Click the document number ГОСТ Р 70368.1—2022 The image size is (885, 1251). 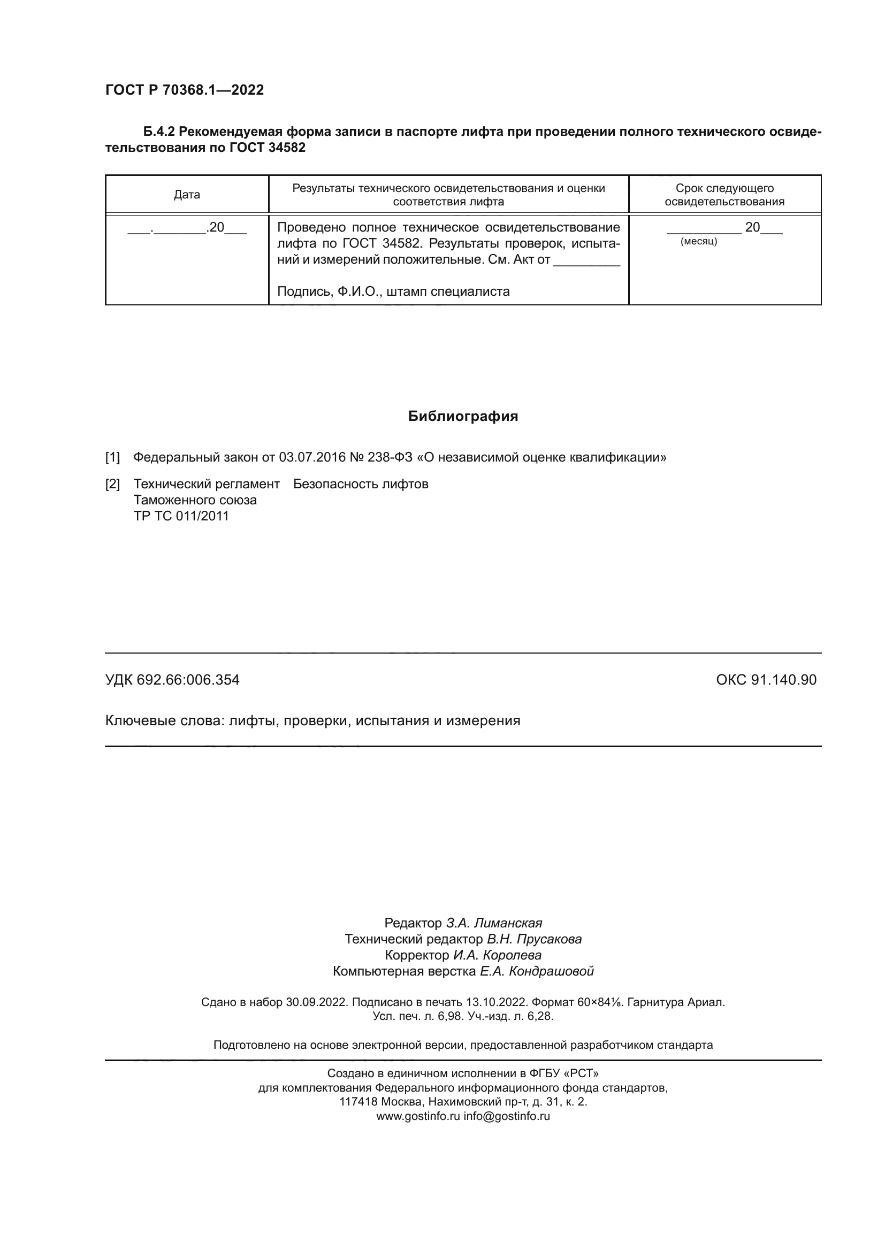pyautogui.click(x=184, y=90)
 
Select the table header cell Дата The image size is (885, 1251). pyautogui.click(x=187, y=195)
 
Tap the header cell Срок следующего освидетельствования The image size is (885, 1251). pyautogui.click(x=724, y=195)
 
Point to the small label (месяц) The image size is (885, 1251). pyautogui.click(x=699, y=241)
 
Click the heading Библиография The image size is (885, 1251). pyautogui.click(x=463, y=416)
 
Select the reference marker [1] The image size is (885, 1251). pyautogui.click(x=112, y=457)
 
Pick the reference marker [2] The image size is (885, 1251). pyautogui.click(x=112, y=484)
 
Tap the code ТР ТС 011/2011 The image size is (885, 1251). pyautogui.click(x=181, y=516)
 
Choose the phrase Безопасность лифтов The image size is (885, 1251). pyautogui.click(x=361, y=484)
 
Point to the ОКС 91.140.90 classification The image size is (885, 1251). pyautogui.click(x=766, y=680)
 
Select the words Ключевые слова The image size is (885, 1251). pyautogui.click(x=164, y=721)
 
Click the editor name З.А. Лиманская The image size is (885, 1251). pyautogui.click(x=494, y=923)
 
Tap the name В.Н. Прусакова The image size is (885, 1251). pyautogui.click(x=534, y=939)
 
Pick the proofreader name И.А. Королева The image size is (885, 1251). pyautogui.click(x=497, y=955)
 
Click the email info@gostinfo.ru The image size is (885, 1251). pyautogui.click(x=507, y=1116)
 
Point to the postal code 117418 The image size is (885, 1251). pyautogui.click(x=358, y=1102)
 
